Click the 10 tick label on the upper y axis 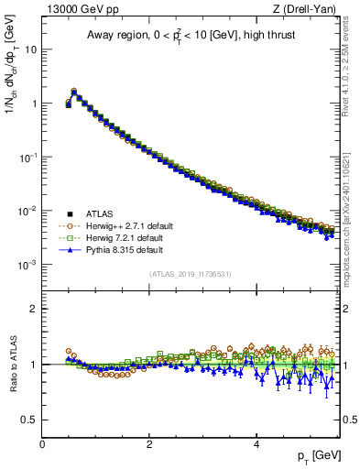(x=30, y=49)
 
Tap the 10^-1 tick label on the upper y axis (x=27, y=157)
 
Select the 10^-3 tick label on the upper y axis (x=27, y=265)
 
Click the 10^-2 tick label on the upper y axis (x=27, y=211)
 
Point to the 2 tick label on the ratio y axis (x=34, y=309)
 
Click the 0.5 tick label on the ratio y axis (x=30, y=420)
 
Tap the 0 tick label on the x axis (x=42, y=443)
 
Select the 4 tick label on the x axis (x=256, y=443)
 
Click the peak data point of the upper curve (x=74, y=92)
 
